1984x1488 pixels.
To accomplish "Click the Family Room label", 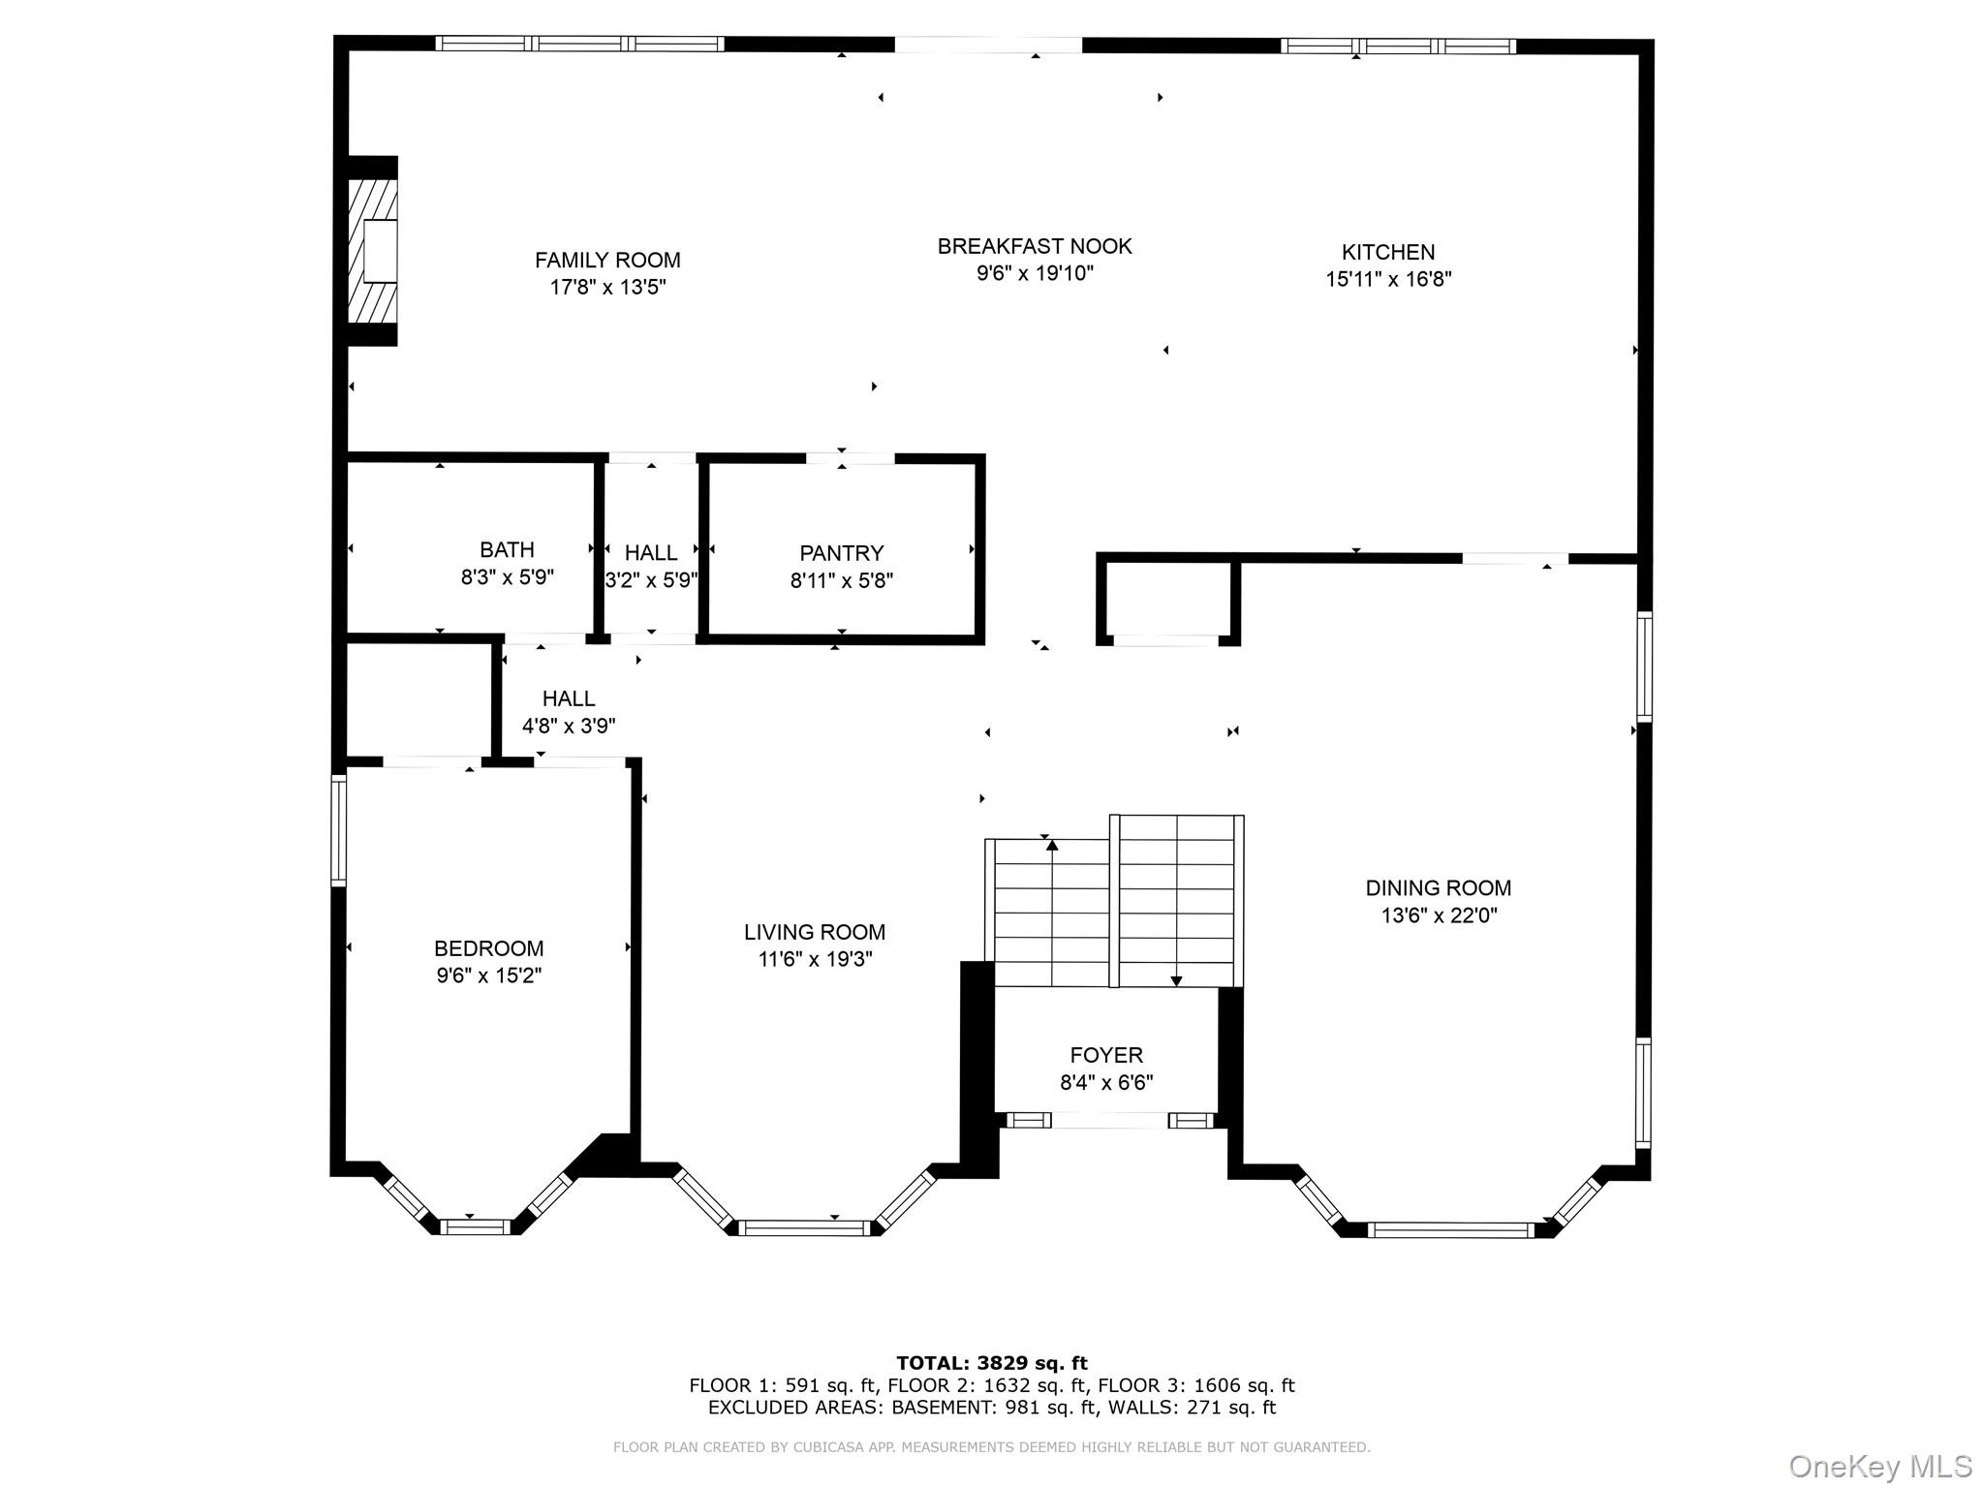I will [607, 260].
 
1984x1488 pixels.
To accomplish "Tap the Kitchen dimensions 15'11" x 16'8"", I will [1388, 280].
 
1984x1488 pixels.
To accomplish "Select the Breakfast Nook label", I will [1034, 246].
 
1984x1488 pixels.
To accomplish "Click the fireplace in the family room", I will [374, 251].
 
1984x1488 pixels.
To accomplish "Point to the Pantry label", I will [841, 553].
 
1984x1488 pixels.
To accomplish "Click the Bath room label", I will [507, 550].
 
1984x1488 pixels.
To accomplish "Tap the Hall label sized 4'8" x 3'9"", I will [569, 698].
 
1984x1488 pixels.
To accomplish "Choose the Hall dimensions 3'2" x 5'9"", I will [651, 581].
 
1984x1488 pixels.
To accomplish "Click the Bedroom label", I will [488, 948].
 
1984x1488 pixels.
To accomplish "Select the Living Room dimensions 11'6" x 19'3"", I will [815, 960].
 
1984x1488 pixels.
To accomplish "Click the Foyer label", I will [1106, 1055].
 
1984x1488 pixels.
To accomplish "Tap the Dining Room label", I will [1438, 887].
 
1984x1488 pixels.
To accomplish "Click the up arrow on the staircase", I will [1052, 847].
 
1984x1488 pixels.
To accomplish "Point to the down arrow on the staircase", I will [1176, 980].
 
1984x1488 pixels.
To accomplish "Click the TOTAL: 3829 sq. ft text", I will [992, 1363].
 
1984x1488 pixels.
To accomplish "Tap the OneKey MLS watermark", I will [1879, 1466].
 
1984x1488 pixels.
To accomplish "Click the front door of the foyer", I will [1109, 1121].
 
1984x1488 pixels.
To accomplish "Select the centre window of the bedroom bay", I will [475, 1226].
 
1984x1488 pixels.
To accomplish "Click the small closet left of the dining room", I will [1166, 601].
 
